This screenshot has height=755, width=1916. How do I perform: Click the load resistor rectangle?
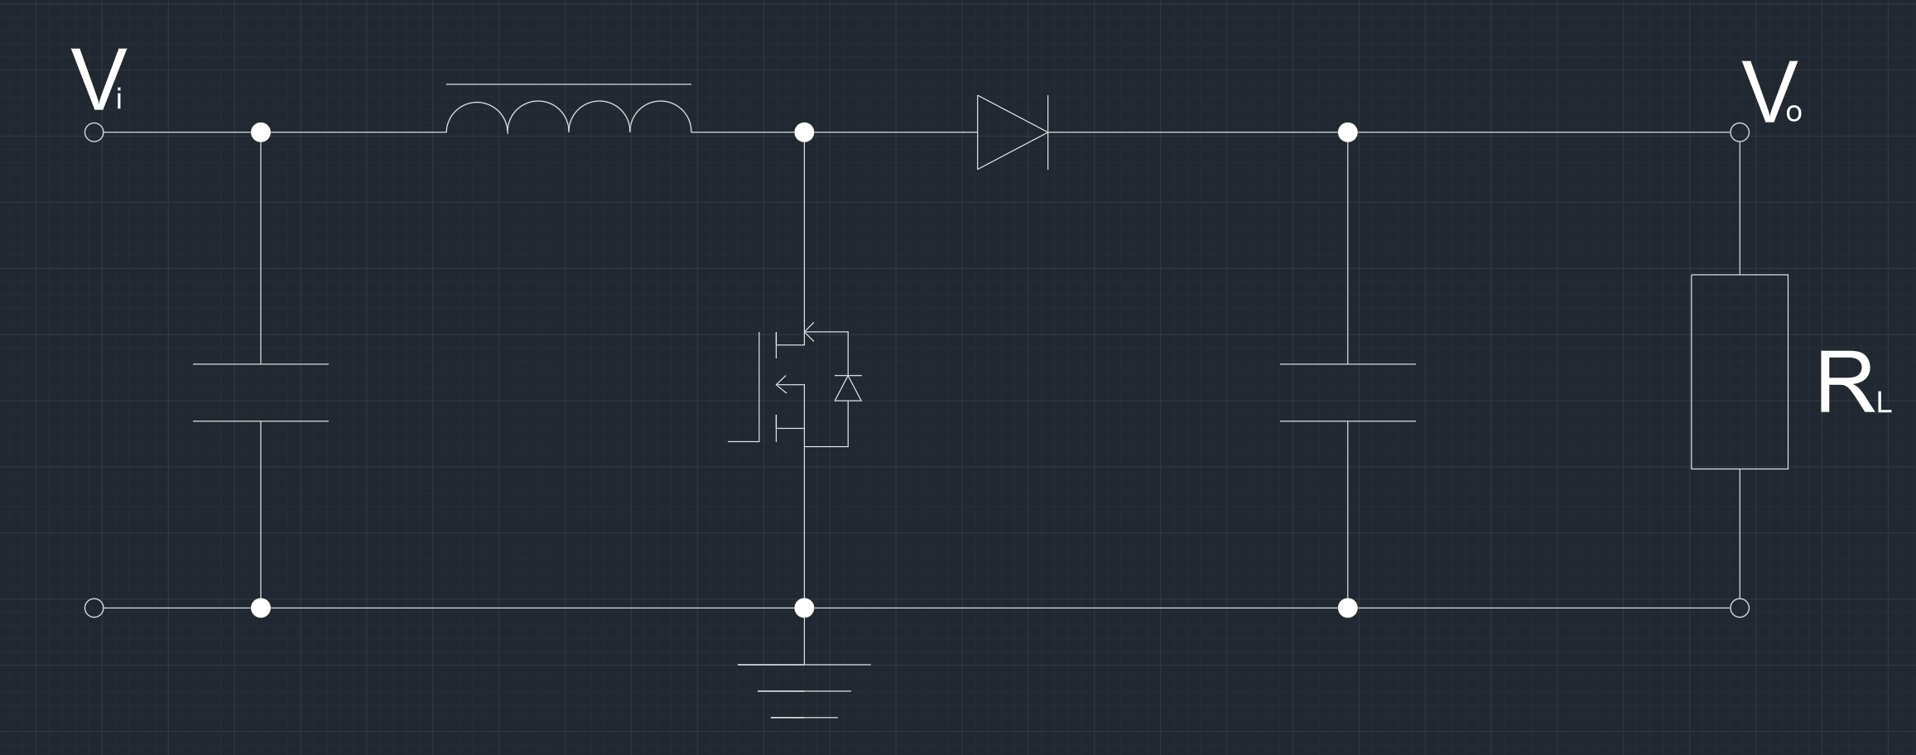[x=1739, y=372]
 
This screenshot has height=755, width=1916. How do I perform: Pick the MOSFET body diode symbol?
[x=848, y=388]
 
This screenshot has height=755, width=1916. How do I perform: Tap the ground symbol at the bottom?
[x=804, y=690]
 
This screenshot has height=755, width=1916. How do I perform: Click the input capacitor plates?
[x=261, y=392]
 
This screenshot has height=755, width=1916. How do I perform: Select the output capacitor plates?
[x=1348, y=392]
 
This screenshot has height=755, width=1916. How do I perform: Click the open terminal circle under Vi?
[x=94, y=132]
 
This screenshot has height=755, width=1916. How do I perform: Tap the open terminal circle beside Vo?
[x=1740, y=132]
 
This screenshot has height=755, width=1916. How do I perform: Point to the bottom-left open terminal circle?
[x=94, y=608]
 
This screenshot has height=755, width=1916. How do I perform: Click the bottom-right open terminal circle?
[x=1740, y=608]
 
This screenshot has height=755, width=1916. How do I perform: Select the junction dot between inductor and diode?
[x=804, y=132]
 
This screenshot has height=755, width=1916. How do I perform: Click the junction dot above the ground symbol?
[x=804, y=608]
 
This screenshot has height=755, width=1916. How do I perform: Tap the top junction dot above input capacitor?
[x=261, y=132]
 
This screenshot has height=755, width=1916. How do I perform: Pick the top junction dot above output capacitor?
[x=1348, y=132]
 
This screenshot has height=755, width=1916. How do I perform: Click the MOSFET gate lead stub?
[x=743, y=441]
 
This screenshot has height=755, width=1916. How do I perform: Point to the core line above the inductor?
[x=569, y=84]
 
